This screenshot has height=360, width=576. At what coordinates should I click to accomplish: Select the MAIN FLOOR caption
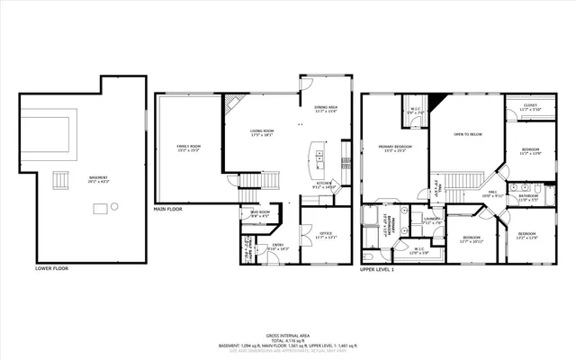(x=168, y=208)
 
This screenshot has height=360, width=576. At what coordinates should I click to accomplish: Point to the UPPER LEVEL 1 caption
(x=378, y=268)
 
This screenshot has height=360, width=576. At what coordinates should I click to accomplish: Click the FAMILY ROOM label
(x=188, y=148)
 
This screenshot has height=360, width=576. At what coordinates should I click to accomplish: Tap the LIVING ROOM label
(x=262, y=132)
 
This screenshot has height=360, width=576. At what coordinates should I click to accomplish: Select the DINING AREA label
(x=326, y=109)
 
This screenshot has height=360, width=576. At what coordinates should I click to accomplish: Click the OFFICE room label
(x=326, y=235)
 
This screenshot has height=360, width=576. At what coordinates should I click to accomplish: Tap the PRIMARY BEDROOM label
(x=395, y=148)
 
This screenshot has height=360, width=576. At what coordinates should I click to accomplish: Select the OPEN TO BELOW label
(x=468, y=134)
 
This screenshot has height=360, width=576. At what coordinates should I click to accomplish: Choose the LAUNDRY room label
(x=432, y=219)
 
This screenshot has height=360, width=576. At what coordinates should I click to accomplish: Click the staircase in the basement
(x=62, y=181)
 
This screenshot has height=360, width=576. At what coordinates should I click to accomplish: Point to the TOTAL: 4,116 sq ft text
(x=287, y=339)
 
